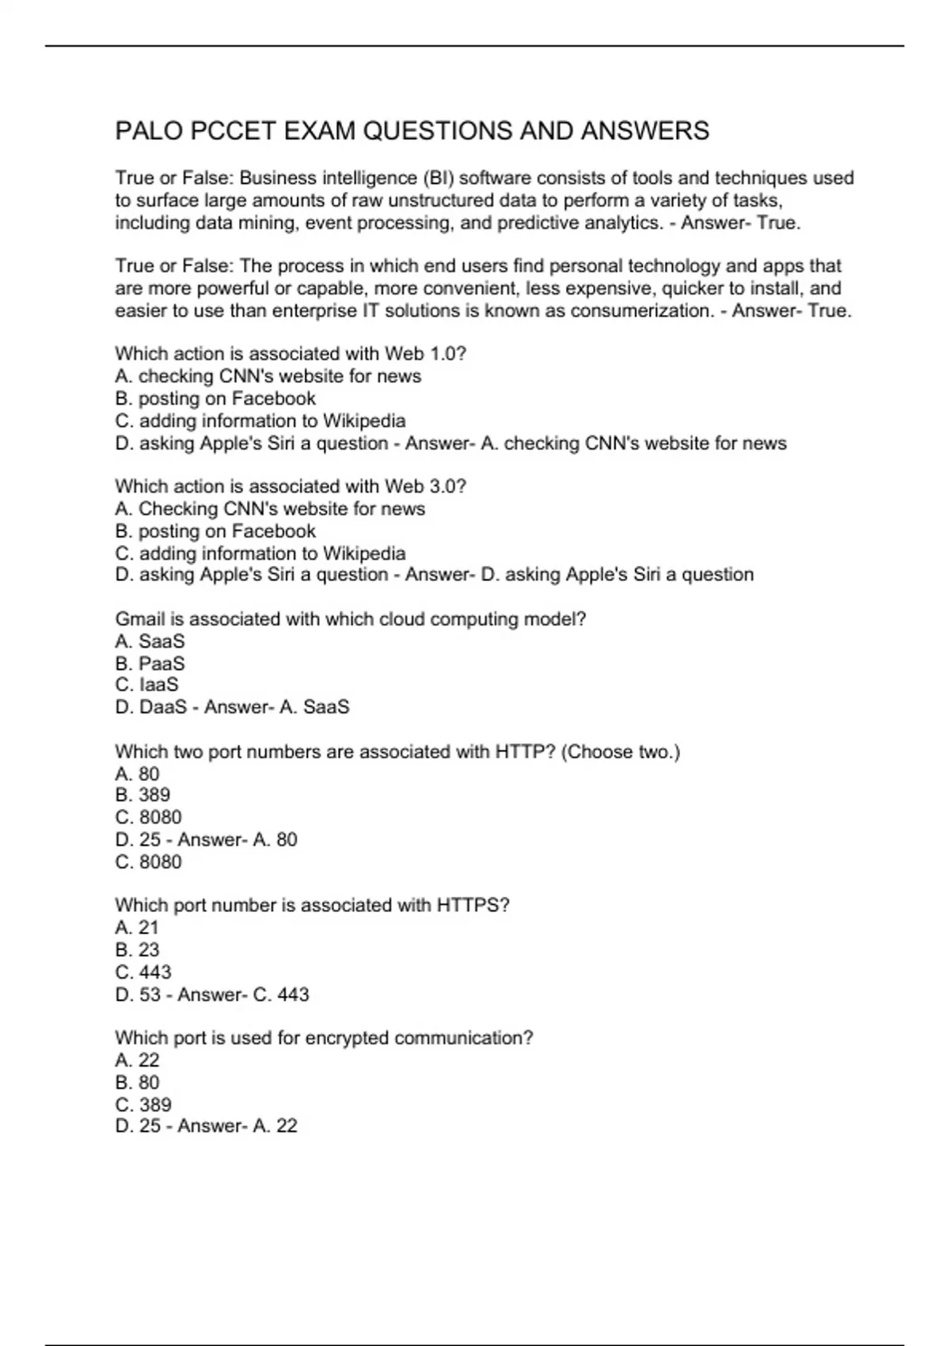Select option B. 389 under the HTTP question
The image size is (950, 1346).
(x=142, y=795)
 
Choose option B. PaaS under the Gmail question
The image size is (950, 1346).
(x=150, y=663)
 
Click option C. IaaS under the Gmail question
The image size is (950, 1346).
(x=146, y=685)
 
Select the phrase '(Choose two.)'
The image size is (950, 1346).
(x=621, y=751)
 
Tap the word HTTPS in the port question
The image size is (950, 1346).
(x=473, y=905)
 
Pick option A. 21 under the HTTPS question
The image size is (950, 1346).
(x=137, y=928)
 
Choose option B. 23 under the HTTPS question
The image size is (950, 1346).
(x=137, y=950)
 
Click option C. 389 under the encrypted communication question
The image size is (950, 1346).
(x=142, y=1105)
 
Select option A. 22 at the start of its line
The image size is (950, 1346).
(x=137, y=1060)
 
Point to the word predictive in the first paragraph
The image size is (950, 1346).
(x=538, y=223)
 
